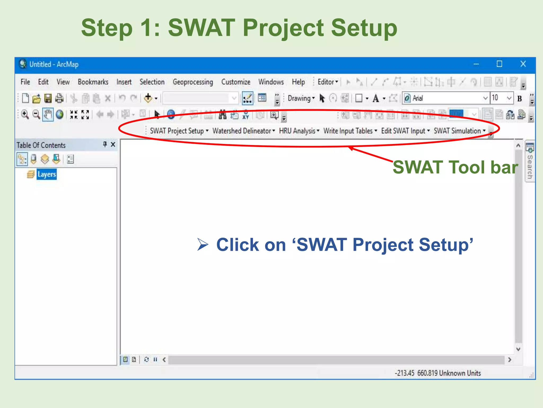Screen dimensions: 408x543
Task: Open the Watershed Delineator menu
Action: pos(243,131)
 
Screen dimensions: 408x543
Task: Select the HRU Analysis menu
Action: pos(299,131)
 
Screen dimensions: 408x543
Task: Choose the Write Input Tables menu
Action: pos(350,131)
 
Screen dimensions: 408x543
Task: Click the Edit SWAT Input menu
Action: pos(405,131)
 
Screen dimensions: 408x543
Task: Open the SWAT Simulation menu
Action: pos(459,131)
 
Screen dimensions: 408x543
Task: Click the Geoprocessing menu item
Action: pos(193,82)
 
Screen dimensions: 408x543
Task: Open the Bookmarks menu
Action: pos(93,82)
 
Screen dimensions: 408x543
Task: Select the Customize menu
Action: pos(236,82)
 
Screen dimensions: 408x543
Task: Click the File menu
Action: pos(25,82)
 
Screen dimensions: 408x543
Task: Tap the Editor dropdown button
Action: pos(328,82)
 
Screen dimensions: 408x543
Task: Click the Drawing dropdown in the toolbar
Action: pos(301,99)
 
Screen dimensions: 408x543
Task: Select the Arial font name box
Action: pos(443,99)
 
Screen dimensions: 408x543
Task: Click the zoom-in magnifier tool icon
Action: pos(25,115)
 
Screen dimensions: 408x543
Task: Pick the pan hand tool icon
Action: pos(48,115)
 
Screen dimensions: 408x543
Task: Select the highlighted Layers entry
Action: pos(47,175)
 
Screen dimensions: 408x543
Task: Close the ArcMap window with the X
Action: pos(523,64)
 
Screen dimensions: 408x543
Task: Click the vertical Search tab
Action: pos(530,162)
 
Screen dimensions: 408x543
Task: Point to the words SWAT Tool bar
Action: pos(455,167)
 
